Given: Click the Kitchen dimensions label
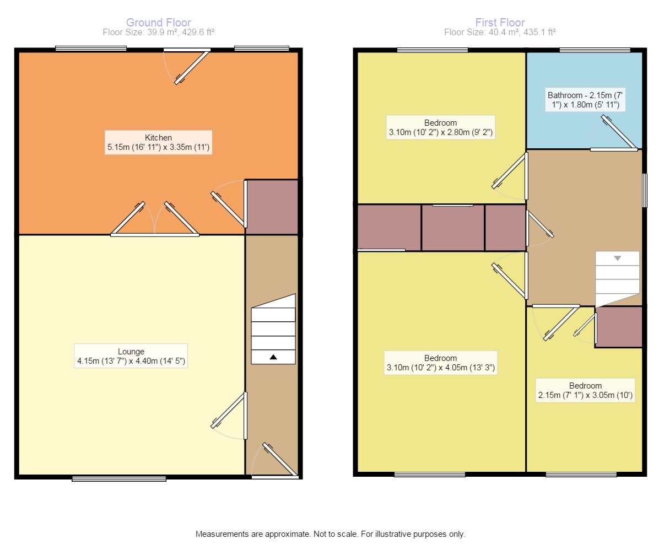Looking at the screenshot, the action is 158,143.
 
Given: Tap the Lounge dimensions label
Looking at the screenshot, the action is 131,357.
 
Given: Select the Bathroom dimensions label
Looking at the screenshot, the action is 586,100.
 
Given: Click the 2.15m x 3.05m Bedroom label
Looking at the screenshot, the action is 585,390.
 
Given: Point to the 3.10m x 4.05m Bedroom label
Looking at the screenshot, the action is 440,363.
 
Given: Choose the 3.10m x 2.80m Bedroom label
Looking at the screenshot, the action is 440,127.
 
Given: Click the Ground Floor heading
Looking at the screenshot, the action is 159,23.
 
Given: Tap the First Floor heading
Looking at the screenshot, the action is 500,23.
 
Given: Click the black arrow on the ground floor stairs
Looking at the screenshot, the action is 273,357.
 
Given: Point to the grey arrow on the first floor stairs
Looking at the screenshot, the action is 617,258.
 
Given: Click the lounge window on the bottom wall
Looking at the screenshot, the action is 119,478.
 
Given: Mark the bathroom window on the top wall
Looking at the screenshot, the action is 595,50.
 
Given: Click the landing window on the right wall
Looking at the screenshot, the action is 645,191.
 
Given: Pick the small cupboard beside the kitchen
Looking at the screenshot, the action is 272,207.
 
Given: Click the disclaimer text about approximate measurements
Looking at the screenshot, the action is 331,534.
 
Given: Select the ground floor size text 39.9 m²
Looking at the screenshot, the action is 158,33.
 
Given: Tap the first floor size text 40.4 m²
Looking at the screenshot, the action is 500,33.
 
